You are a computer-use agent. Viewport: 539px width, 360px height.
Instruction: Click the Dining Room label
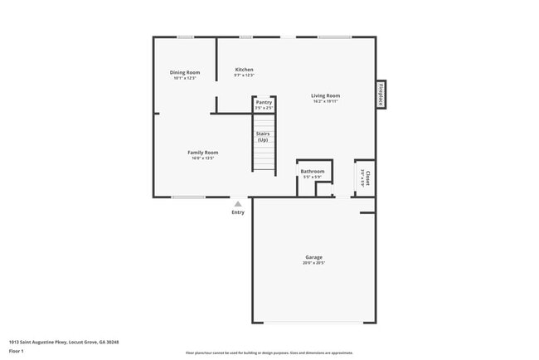(185, 72)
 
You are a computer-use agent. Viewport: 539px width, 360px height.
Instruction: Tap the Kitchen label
(244, 70)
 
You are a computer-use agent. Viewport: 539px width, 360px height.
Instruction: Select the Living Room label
(326, 95)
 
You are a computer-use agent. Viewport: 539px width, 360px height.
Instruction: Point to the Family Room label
(202, 153)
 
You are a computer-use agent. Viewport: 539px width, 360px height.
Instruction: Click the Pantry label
(264, 102)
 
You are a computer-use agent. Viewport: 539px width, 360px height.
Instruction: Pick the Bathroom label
(313, 172)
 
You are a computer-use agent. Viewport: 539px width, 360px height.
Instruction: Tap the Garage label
(313, 257)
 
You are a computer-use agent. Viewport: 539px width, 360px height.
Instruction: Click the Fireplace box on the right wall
(381, 95)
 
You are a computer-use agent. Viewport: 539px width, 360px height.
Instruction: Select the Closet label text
(368, 178)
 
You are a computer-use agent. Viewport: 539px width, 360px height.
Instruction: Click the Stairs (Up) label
(263, 136)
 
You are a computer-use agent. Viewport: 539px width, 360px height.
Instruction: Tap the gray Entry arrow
(238, 203)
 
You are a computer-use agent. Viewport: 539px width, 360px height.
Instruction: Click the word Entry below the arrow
(238, 212)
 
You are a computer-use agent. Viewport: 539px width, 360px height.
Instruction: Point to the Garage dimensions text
(313, 263)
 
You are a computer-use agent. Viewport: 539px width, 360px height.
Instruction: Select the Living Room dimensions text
(326, 101)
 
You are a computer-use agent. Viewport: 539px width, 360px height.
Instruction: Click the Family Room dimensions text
(202, 158)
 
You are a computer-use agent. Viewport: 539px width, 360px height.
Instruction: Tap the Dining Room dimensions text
(185, 78)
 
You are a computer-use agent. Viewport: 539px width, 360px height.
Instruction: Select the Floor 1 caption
(17, 351)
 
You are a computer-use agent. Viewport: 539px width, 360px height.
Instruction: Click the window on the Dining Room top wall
(186, 36)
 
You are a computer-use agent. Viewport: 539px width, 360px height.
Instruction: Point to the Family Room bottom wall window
(188, 197)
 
